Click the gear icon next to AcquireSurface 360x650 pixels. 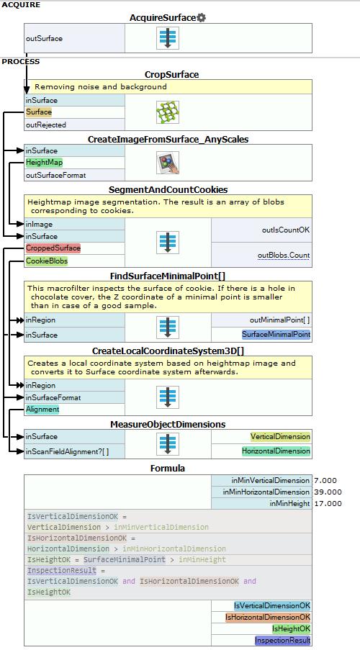tap(201, 18)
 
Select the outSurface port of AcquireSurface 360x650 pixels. tap(45, 38)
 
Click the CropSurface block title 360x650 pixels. tap(171, 75)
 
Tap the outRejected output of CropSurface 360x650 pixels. tap(45, 125)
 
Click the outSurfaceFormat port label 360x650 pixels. tap(55, 175)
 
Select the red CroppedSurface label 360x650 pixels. tap(53, 248)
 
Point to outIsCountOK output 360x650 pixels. tap(286, 230)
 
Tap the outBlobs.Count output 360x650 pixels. tap(284, 255)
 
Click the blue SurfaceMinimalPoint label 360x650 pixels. tap(276, 334)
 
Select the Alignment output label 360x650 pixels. tap(42, 409)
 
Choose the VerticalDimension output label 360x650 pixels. tap(280, 436)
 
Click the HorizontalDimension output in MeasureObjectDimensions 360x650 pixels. tap(276, 451)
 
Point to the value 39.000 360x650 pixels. tap(328, 492)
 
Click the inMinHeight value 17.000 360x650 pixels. tap(328, 504)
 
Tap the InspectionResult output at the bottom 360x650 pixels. tap(282, 641)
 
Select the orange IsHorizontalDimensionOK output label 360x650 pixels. tap(268, 618)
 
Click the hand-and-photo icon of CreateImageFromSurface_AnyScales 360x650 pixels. tap(168, 163)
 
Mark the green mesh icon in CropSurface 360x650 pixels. tap(168, 112)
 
